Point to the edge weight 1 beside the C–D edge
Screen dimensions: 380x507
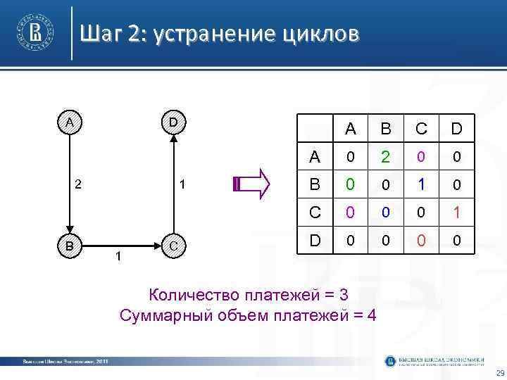pos(182,184)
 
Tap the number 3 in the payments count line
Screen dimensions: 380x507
pos(343,293)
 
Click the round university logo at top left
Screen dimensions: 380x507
pos(34,32)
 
